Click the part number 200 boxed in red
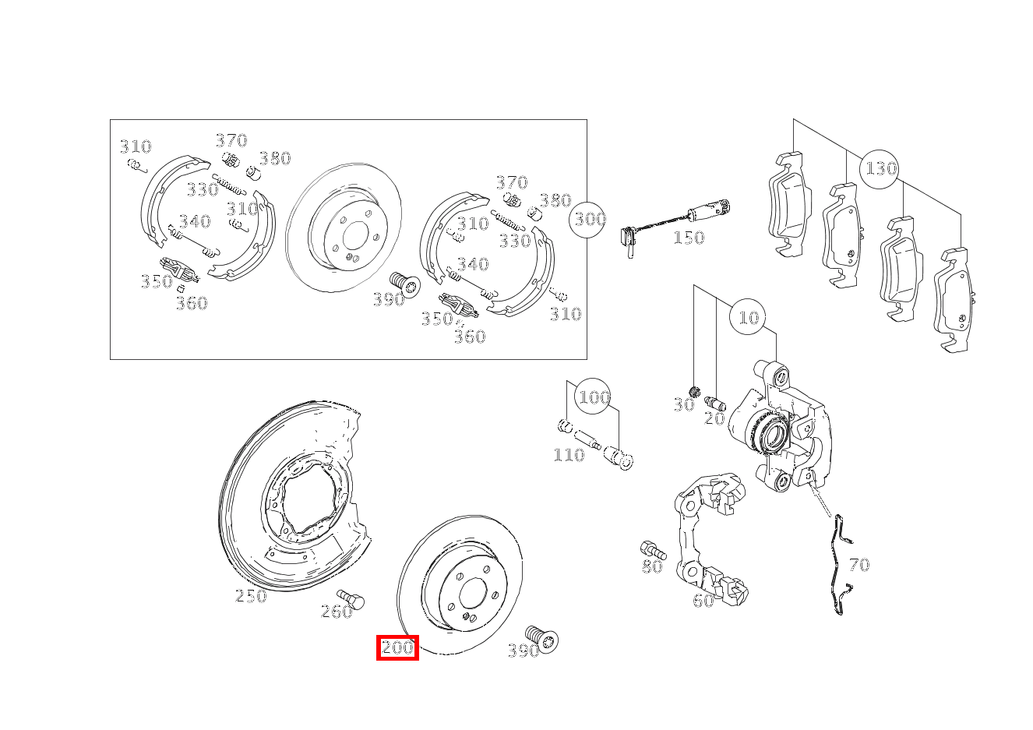(x=397, y=647)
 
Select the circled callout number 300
(x=589, y=219)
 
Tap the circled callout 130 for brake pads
(x=880, y=168)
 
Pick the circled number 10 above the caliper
(x=748, y=317)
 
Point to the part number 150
(x=688, y=238)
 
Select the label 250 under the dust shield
(x=251, y=596)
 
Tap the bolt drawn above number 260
(x=352, y=598)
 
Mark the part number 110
(x=568, y=455)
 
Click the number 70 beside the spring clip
(x=858, y=565)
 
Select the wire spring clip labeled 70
(x=838, y=565)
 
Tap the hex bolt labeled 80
(x=650, y=548)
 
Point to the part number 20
(x=714, y=418)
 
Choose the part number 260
(x=337, y=612)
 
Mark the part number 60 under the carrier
(x=703, y=601)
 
